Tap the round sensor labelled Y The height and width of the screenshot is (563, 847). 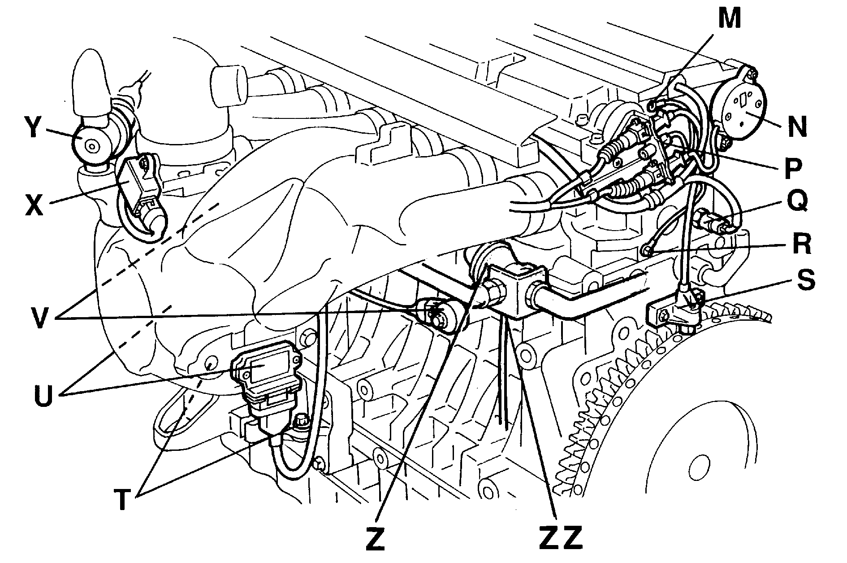(91, 145)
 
